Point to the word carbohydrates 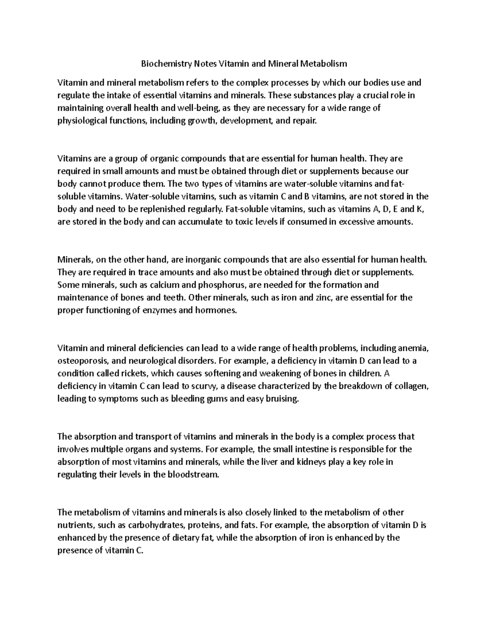(147, 525)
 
